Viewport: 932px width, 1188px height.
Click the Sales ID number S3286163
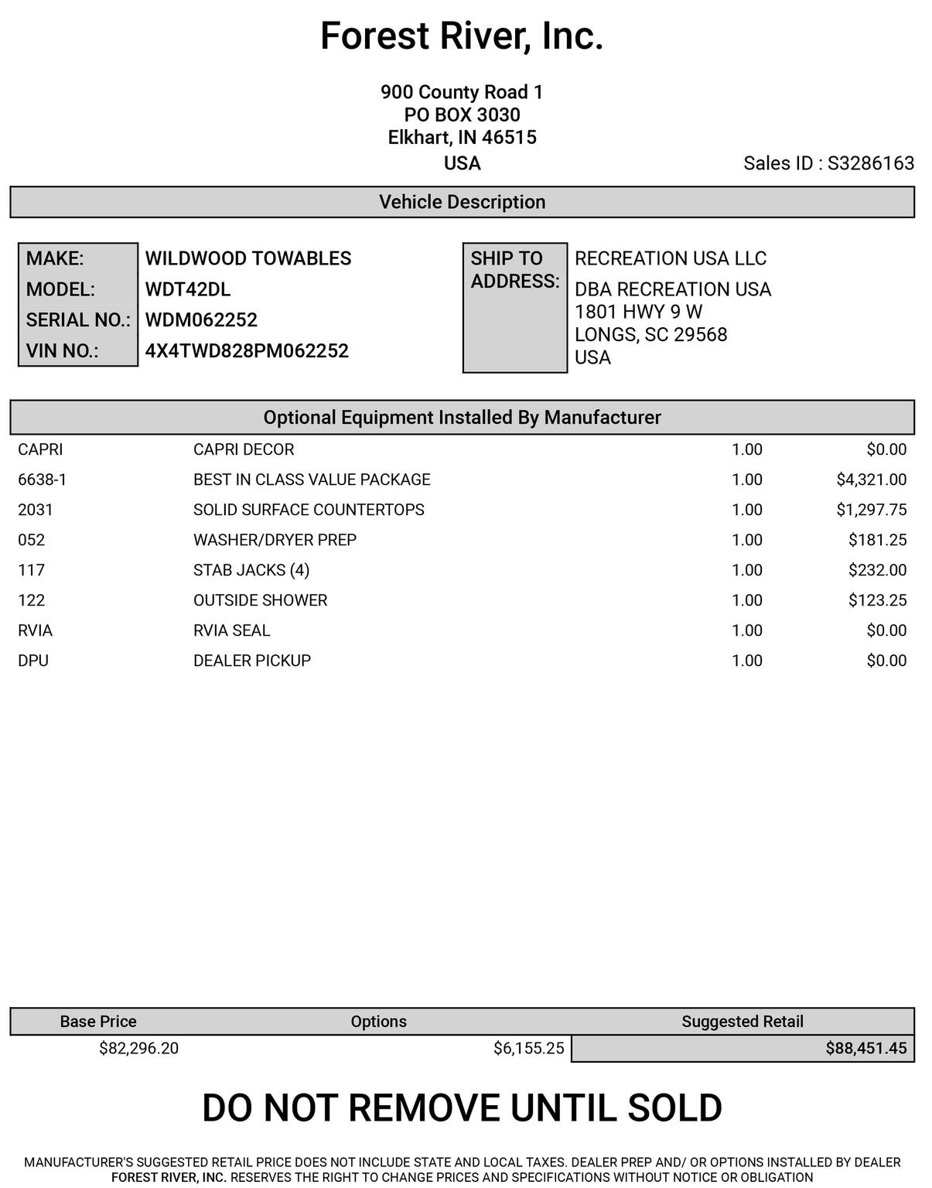870,163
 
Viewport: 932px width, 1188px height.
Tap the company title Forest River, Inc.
462,36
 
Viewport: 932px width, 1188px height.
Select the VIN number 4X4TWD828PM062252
247,351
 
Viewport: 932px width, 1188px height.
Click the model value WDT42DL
188,289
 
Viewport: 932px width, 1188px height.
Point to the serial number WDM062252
201,320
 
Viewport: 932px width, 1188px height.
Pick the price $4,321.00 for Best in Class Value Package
871,480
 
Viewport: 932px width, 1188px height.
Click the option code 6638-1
42,480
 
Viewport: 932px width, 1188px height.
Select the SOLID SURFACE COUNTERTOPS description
309,510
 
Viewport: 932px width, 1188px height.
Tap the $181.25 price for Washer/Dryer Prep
877,540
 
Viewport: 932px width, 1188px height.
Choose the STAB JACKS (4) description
251,570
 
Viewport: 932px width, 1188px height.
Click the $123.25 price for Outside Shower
877,600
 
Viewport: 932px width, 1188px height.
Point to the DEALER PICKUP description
252,661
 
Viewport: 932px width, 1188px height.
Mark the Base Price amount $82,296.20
138,1048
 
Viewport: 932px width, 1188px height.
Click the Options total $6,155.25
528,1048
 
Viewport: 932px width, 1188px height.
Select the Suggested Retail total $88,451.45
865,1048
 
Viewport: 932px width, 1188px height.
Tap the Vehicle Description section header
462,202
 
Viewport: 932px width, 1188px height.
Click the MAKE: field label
55,258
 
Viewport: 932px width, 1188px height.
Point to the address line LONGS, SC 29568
650,335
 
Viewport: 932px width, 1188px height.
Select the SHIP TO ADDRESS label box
514,307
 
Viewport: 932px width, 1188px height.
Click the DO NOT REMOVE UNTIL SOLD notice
462,1108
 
